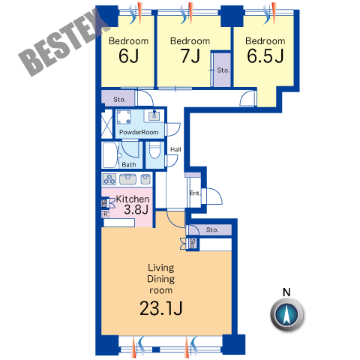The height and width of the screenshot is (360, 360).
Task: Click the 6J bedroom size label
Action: coord(128,55)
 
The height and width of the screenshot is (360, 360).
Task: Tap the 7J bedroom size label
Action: coord(190,55)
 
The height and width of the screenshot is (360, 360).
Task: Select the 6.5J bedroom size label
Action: coord(265,55)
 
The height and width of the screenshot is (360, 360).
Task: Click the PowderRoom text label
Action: coord(139,132)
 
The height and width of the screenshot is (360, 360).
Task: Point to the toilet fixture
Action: coord(154,150)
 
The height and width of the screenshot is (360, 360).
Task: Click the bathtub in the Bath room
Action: coord(109,155)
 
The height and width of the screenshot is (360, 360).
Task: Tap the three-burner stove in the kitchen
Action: coord(109,179)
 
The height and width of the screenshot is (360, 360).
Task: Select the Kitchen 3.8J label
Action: coord(133,204)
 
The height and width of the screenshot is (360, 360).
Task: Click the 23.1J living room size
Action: coord(160,308)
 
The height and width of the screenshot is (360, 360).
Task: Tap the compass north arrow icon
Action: coord(286,314)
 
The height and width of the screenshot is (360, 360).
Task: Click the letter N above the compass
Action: coord(286,292)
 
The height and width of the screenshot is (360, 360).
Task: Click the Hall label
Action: coord(175,149)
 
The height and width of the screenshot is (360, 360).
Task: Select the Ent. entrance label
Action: coord(195,193)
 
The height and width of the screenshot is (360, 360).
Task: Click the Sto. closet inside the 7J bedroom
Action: coord(221,70)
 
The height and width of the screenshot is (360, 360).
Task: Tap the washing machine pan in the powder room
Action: coord(124,117)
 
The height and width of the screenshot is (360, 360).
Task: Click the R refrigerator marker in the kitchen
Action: coord(106,214)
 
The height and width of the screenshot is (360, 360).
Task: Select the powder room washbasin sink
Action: coord(154,115)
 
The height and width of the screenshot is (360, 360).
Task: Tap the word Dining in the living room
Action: coord(160,279)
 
